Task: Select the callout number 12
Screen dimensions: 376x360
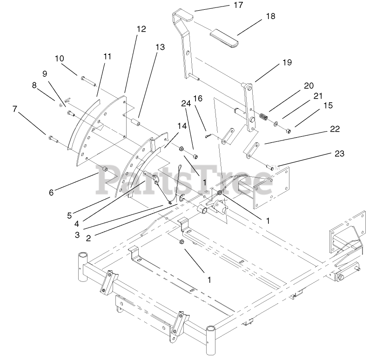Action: [141, 29]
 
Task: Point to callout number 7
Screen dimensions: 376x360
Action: [15, 109]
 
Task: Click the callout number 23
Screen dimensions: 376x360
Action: [339, 154]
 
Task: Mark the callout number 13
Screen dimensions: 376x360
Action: [160, 47]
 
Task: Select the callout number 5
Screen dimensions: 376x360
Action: [69, 215]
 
